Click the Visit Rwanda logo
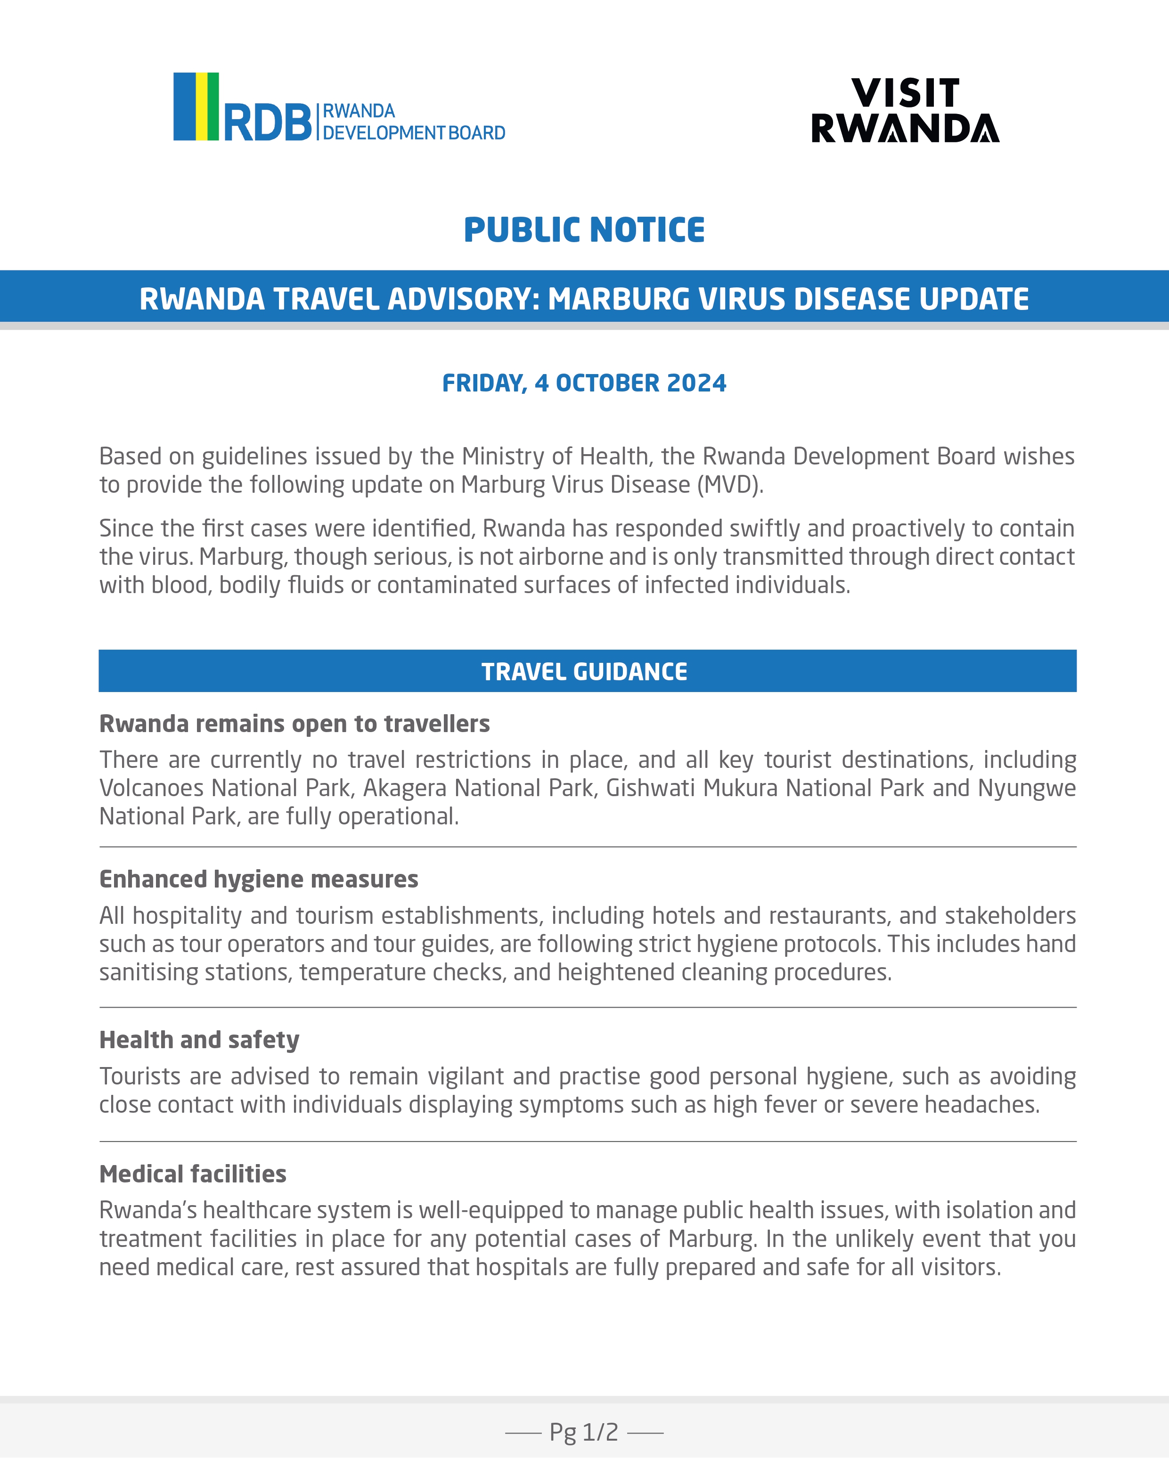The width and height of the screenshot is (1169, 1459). [x=905, y=110]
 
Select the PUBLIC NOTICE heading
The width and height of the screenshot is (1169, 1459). [x=584, y=230]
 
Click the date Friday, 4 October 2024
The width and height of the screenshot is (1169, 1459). [x=584, y=383]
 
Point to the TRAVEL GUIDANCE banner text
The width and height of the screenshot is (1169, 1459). [x=584, y=671]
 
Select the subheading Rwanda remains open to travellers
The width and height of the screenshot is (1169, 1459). [x=294, y=724]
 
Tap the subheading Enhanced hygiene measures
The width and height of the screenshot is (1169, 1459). [x=259, y=879]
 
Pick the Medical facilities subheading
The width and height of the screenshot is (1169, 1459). [x=193, y=1174]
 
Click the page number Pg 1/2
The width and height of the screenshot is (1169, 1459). [x=583, y=1432]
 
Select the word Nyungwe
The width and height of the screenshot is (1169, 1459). [x=1026, y=788]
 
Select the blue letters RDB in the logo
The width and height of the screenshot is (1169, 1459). [x=267, y=122]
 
